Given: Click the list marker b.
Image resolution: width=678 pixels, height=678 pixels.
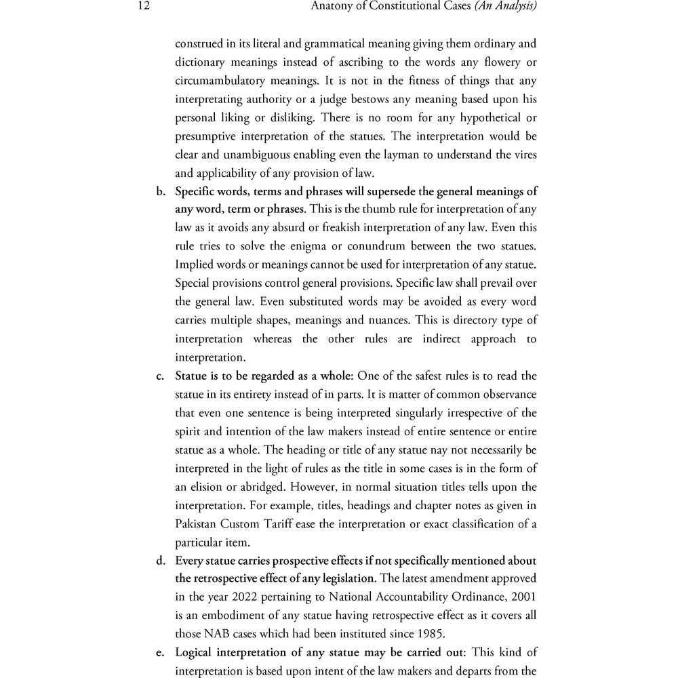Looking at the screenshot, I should (161, 191).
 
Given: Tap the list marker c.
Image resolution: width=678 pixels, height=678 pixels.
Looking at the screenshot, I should (161, 376).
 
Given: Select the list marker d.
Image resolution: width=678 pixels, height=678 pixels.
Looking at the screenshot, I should (161, 560).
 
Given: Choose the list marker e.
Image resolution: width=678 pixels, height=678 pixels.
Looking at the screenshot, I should (161, 652).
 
